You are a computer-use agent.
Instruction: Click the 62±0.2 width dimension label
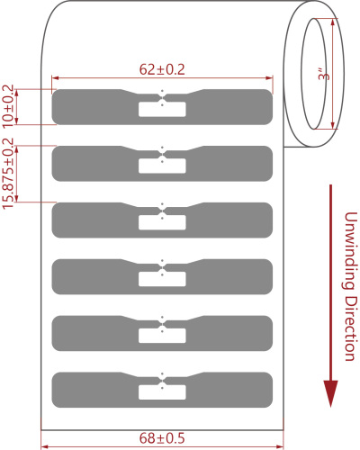click(x=162, y=69)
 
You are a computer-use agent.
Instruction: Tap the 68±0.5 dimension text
click(x=162, y=438)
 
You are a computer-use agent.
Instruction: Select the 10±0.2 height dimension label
click(x=8, y=105)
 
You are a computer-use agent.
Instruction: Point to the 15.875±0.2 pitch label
click(x=8, y=174)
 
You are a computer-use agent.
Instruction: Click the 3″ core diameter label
click(x=324, y=74)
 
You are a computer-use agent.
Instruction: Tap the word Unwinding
click(x=350, y=251)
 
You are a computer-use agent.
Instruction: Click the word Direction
click(x=350, y=328)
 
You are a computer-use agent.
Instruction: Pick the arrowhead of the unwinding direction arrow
click(x=330, y=393)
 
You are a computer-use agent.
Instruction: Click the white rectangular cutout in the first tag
click(x=162, y=109)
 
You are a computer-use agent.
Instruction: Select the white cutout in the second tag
click(x=162, y=166)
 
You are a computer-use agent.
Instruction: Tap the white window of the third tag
click(x=162, y=222)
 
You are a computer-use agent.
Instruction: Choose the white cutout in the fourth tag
click(x=162, y=279)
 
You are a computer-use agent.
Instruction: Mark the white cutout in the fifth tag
click(x=162, y=336)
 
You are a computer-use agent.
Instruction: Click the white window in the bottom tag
click(x=162, y=392)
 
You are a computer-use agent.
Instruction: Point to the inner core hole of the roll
click(x=314, y=74)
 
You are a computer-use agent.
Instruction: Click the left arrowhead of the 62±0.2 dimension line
click(x=55, y=78)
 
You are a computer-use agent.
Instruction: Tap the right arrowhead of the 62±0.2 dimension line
click(x=269, y=78)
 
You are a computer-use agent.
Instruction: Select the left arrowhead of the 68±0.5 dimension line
click(x=44, y=446)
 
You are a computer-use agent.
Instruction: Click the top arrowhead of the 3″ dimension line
click(x=332, y=22)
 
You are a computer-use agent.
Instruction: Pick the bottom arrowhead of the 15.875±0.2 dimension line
click(x=17, y=198)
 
